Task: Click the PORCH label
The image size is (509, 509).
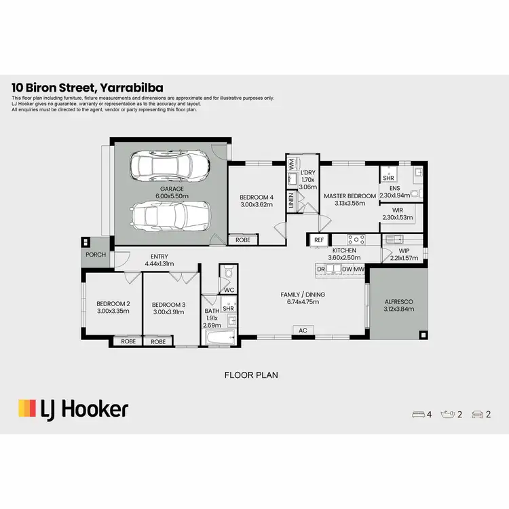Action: (x=94, y=255)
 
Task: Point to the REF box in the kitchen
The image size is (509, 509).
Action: (x=319, y=240)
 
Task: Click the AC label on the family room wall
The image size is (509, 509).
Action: (x=303, y=331)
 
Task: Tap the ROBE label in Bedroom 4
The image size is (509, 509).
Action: (x=242, y=240)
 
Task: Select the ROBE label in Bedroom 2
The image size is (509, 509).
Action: (x=127, y=341)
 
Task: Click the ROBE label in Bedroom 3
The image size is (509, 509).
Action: (x=158, y=341)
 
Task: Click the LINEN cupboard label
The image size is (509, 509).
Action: (x=291, y=200)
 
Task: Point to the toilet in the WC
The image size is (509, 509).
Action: (x=229, y=274)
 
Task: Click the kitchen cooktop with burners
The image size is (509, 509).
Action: (x=357, y=239)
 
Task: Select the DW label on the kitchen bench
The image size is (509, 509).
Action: (x=347, y=269)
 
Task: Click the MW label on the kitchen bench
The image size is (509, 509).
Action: (x=360, y=269)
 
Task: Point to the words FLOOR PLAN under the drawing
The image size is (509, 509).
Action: (x=251, y=375)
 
